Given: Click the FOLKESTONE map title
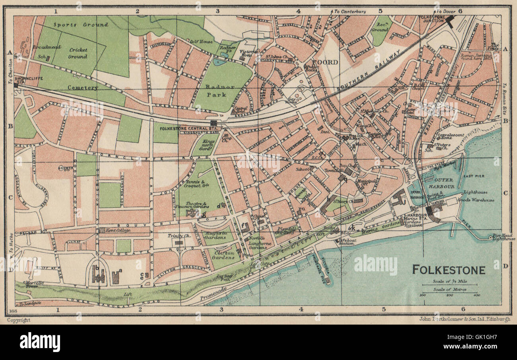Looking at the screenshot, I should (x=448, y=270).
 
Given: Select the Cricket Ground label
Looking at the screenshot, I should (x=78, y=53).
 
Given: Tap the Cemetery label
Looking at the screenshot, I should (x=82, y=88).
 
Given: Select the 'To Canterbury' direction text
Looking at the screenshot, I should (x=350, y=12).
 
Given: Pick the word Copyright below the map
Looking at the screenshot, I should (x=19, y=320).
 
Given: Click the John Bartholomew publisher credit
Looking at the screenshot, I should (x=465, y=319).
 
